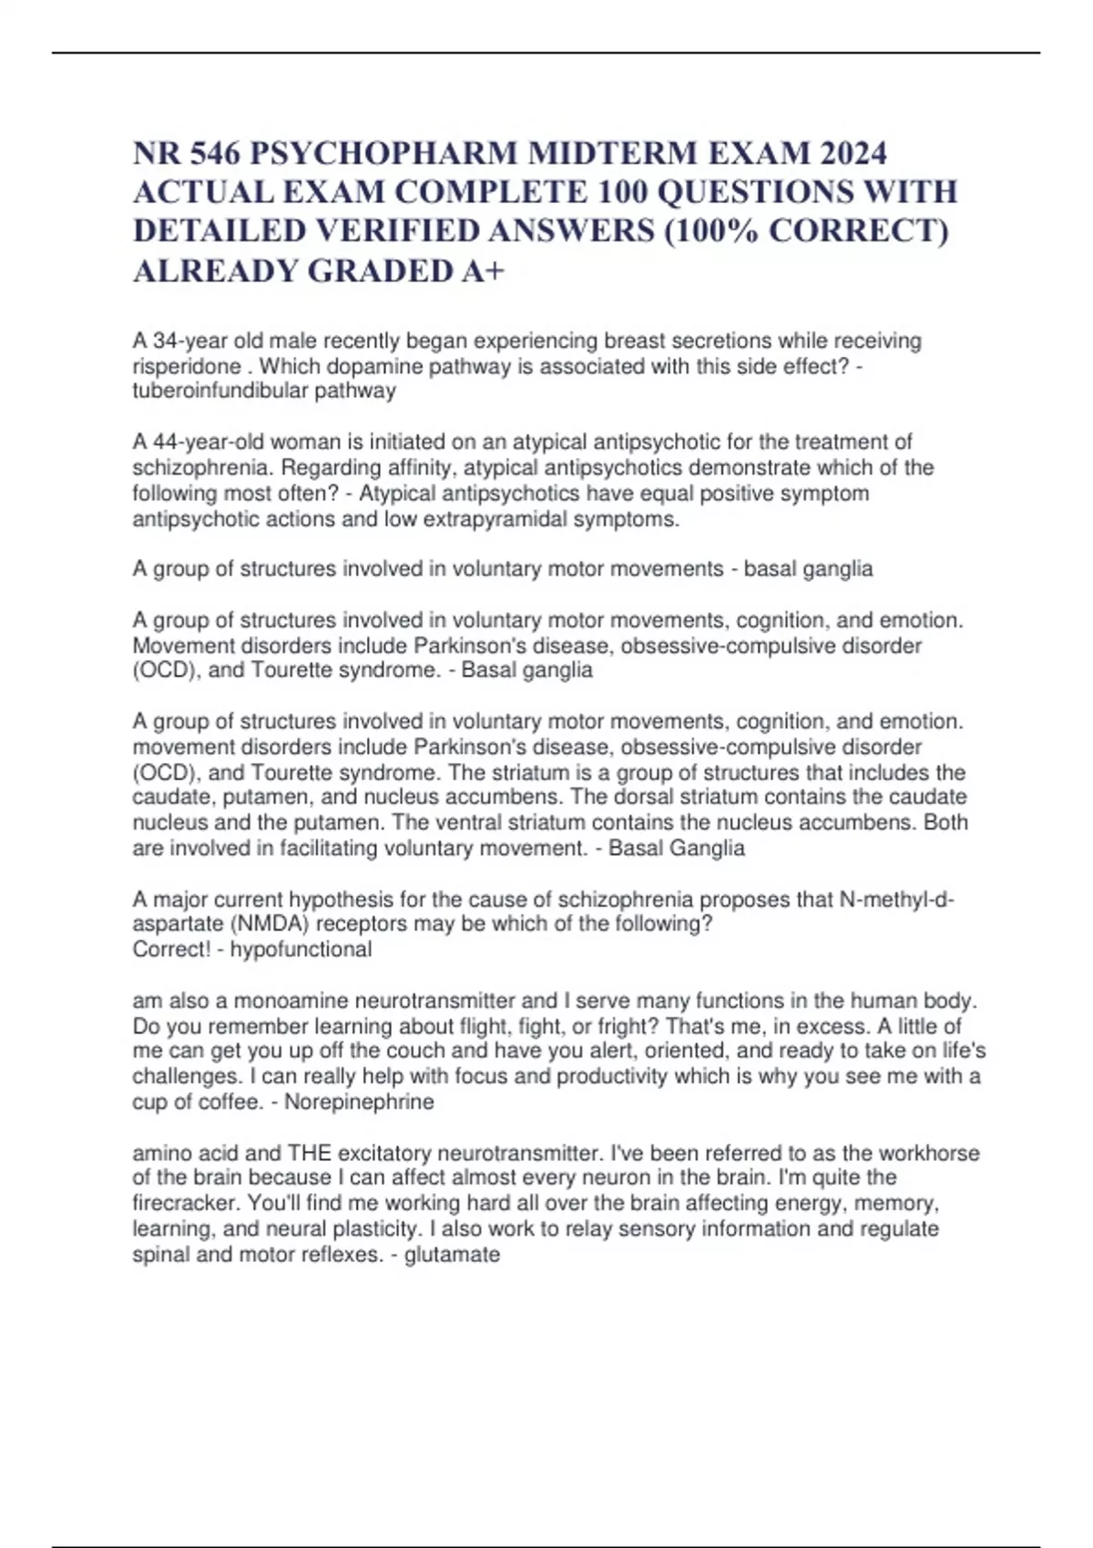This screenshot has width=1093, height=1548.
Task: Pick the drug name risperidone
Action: coord(187,366)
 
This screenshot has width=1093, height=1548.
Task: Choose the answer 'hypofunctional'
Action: coord(301,950)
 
